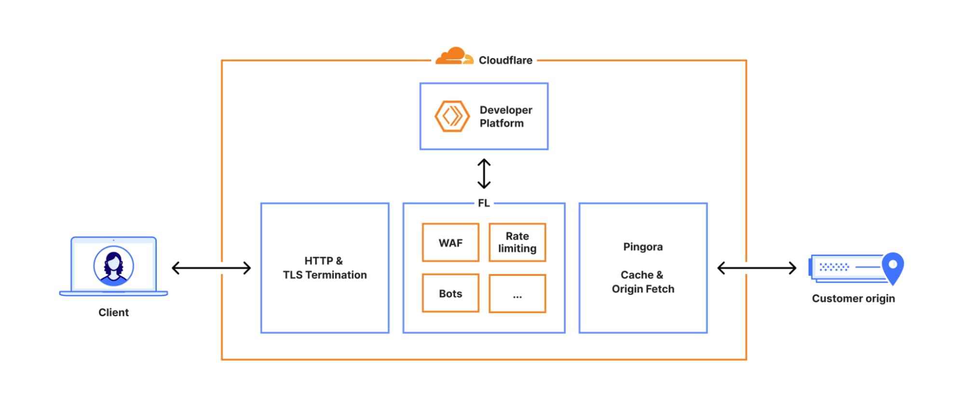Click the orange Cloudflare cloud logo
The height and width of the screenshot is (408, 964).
453,56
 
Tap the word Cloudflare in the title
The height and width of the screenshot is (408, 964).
505,60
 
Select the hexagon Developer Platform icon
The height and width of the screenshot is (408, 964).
452,116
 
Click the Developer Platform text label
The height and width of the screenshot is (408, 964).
505,117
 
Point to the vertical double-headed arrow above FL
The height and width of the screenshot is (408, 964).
484,174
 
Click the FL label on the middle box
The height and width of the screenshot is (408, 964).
484,204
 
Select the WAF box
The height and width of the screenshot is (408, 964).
450,243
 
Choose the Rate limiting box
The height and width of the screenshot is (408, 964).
517,243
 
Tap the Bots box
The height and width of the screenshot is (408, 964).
450,293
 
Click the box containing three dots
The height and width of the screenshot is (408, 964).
517,294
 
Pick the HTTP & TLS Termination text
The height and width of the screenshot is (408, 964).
325,268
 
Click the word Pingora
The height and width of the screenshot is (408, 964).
643,247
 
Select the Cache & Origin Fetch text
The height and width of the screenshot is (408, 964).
643,282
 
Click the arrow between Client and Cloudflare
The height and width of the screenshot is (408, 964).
211,268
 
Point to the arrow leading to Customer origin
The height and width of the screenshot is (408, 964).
757,268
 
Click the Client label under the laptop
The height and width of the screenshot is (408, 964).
113,313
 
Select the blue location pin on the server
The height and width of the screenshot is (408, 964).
893,267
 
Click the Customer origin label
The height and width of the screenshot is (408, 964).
853,299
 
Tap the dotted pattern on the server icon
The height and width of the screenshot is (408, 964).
834,267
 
